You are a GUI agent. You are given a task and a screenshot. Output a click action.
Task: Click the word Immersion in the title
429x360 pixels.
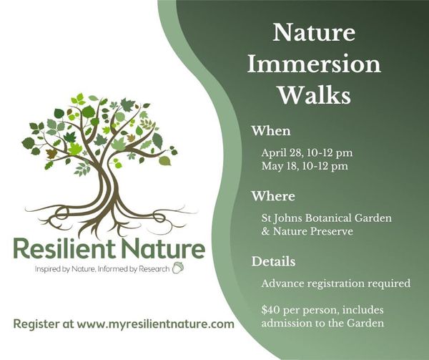[314, 64]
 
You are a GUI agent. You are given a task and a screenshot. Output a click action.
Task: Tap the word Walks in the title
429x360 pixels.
[315, 95]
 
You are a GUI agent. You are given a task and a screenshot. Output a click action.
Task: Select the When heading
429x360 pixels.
[271, 131]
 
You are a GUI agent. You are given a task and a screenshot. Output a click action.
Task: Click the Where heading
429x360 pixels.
[273, 196]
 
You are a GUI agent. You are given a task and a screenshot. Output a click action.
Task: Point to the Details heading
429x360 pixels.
[273, 261]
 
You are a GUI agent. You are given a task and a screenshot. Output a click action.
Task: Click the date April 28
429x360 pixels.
[282, 152]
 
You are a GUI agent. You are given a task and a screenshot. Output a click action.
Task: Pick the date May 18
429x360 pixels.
[280, 166]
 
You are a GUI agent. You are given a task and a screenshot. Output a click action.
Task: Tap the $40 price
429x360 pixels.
[270, 310]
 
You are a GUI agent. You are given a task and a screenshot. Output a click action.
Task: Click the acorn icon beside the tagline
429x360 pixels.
[178, 268]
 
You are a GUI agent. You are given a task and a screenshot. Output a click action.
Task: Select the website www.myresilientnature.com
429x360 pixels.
[155, 324]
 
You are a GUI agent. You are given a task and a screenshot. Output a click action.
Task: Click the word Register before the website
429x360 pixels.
[36, 324]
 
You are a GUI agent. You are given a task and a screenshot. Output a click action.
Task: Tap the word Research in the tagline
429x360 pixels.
[154, 269]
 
